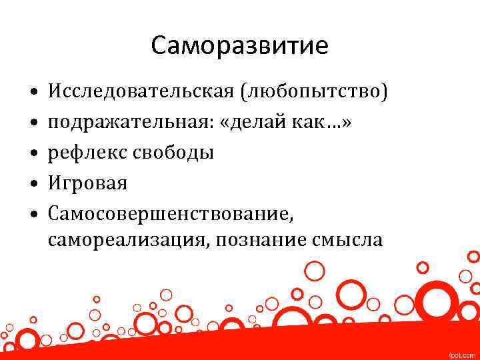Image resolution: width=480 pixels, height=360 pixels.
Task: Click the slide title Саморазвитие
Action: click(239, 46)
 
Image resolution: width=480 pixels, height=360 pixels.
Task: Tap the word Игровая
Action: click(87, 183)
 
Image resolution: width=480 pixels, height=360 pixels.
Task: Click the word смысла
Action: click(347, 240)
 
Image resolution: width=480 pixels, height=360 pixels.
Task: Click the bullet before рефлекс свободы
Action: click(33, 152)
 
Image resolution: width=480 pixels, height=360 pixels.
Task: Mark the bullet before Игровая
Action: click(33, 183)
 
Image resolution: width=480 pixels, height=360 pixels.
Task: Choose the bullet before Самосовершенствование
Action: click(33, 215)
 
